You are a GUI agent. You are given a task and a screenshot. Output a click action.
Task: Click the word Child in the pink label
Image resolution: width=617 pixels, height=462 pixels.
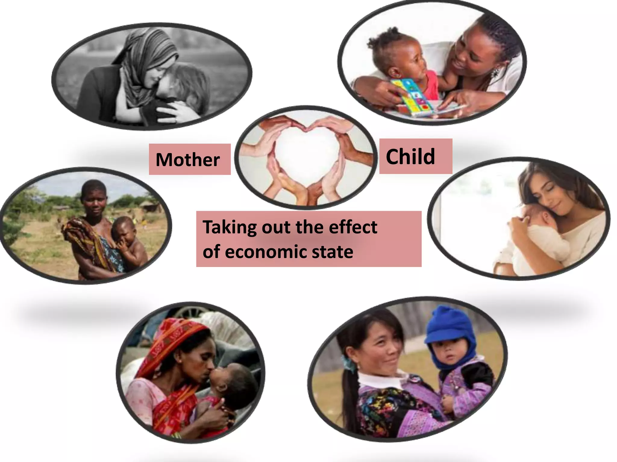[410, 157]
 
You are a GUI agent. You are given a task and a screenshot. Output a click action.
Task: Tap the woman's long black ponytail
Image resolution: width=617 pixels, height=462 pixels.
[349, 397]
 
